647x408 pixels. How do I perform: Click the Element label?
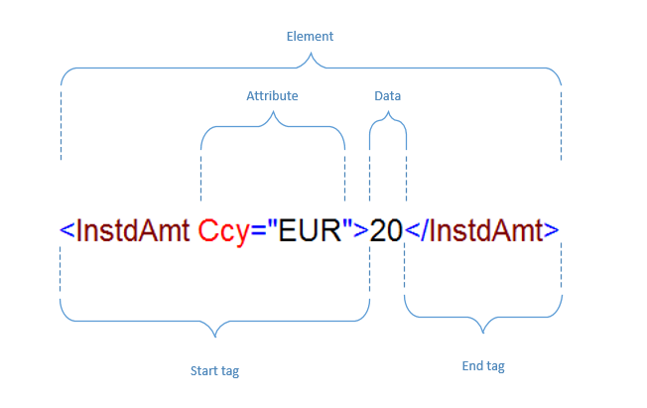310,37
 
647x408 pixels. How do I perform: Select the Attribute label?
272,96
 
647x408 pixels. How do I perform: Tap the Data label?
387,96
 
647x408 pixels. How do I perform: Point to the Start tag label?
214,371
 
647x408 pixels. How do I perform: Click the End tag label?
483,366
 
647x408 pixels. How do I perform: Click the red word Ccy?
224,231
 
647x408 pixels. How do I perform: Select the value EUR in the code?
310,230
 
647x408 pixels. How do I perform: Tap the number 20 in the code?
386,230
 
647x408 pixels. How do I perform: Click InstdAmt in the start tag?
133,230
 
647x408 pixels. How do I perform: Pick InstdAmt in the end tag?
486,230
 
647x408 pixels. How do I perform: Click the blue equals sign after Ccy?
258,231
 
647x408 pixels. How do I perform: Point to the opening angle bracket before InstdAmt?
67,230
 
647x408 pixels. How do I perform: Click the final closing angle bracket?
552,230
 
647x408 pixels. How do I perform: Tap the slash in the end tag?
425,229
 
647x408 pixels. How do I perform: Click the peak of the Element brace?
311,53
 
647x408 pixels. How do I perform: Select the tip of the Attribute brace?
273,111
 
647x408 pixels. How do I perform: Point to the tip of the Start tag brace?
215,337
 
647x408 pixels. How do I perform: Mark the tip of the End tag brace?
483,333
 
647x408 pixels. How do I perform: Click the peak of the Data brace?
388,111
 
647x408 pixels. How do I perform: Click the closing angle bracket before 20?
361,230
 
